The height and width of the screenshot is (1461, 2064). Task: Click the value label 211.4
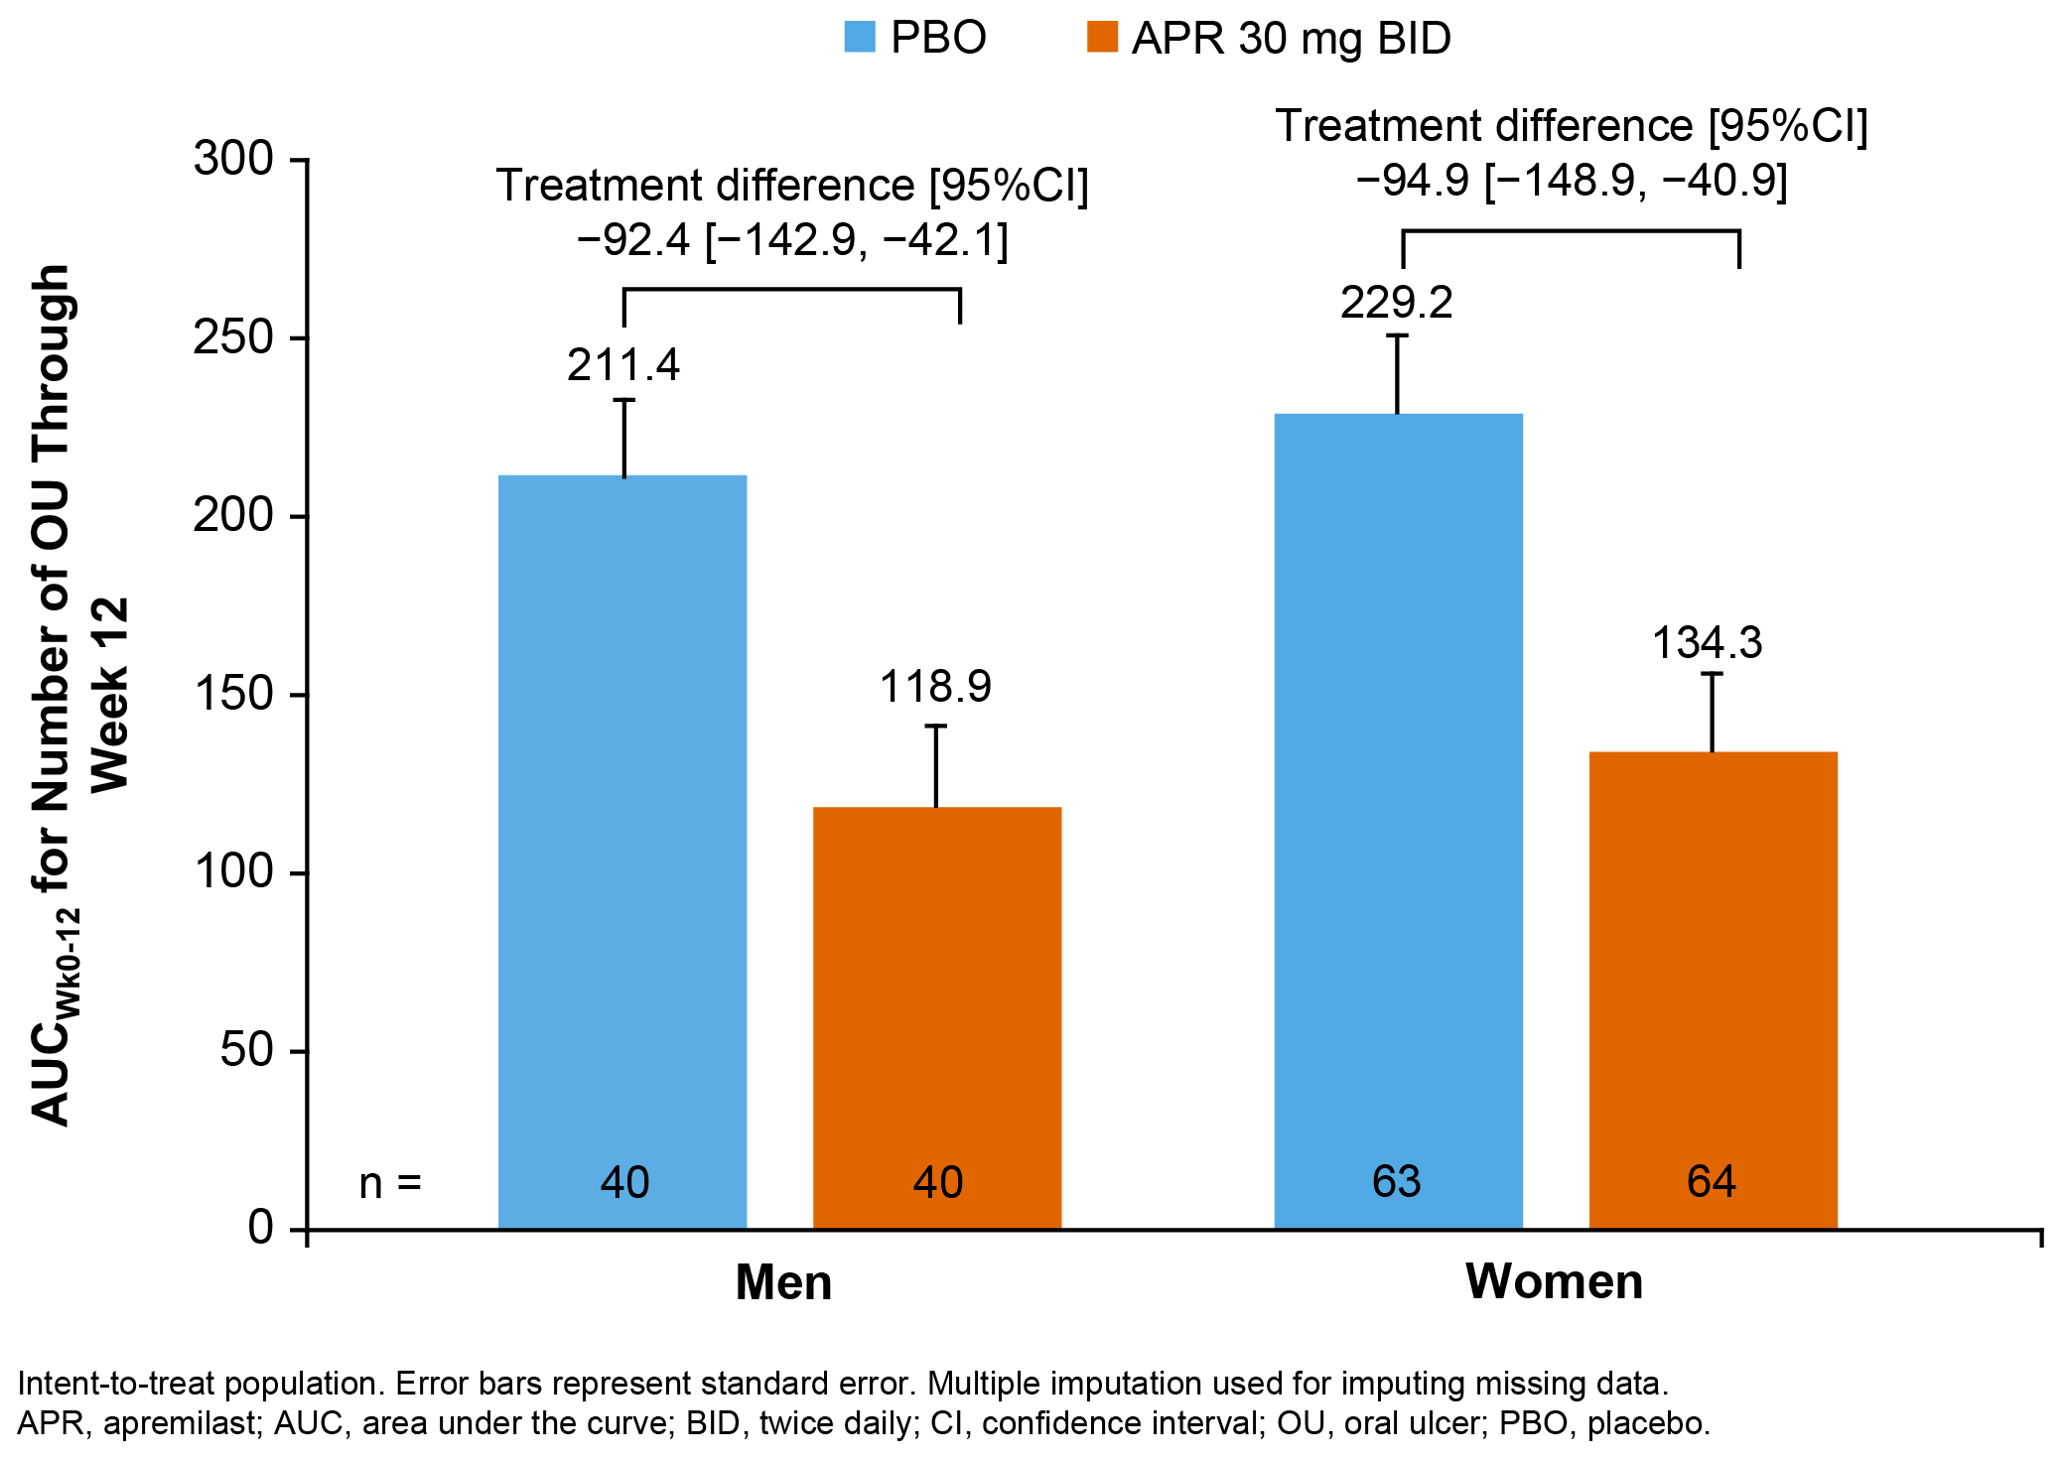coord(623,365)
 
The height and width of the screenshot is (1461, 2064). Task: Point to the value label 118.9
coord(935,687)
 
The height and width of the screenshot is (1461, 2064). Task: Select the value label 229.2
coord(1397,303)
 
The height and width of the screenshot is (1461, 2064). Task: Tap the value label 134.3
coord(1707,643)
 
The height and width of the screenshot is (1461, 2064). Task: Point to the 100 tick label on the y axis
coord(233,872)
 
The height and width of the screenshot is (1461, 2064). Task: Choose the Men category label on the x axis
coord(783,1282)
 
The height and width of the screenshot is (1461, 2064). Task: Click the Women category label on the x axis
coord(1554,1281)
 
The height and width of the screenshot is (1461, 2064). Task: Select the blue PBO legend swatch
coord(860,38)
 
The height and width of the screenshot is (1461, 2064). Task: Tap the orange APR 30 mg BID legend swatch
coord(1102,38)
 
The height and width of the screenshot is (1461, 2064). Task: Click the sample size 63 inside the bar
coord(1397,1182)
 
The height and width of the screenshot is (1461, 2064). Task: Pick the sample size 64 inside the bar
coord(1712,1182)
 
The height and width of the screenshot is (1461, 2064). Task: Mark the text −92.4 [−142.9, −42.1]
coord(791,240)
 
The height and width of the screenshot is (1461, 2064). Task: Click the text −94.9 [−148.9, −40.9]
coord(1571,181)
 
